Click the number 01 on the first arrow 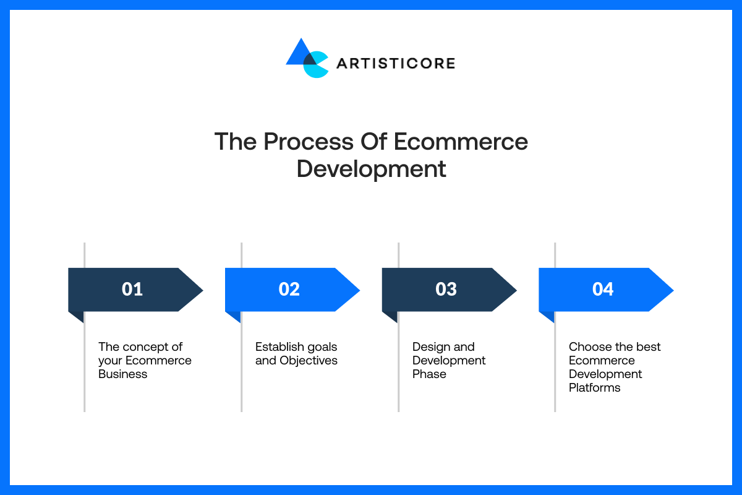point(132,289)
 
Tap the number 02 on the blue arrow point(289,289)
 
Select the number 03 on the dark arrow point(446,289)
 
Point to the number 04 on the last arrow point(603,289)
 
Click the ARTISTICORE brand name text point(396,63)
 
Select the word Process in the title point(309,142)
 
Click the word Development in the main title point(372,170)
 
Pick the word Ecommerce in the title point(461,142)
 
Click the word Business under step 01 point(122,374)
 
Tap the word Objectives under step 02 point(309,361)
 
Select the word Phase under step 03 point(429,374)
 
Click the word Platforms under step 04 point(595,387)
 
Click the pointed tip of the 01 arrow point(203,290)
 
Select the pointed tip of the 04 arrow point(673,290)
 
